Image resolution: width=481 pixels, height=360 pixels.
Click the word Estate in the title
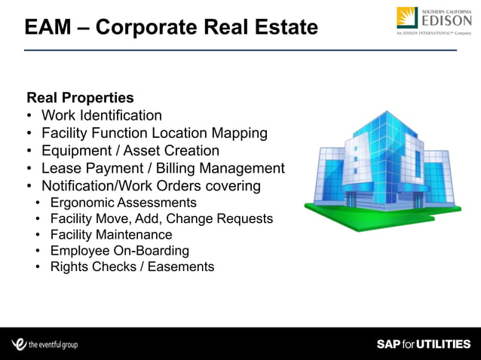[282, 28]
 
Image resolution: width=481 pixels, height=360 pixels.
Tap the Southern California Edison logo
[434, 21]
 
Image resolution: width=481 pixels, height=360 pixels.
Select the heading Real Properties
[80, 98]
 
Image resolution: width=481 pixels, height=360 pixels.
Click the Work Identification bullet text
[101, 115]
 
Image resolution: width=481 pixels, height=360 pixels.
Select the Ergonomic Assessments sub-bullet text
[123, 203]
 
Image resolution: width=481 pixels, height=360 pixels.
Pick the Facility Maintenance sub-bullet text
[111, 235]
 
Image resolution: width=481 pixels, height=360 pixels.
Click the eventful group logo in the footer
[45, 344]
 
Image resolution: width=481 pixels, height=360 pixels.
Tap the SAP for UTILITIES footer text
[423, 344]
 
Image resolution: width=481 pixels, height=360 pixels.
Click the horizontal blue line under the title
[240, 50]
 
